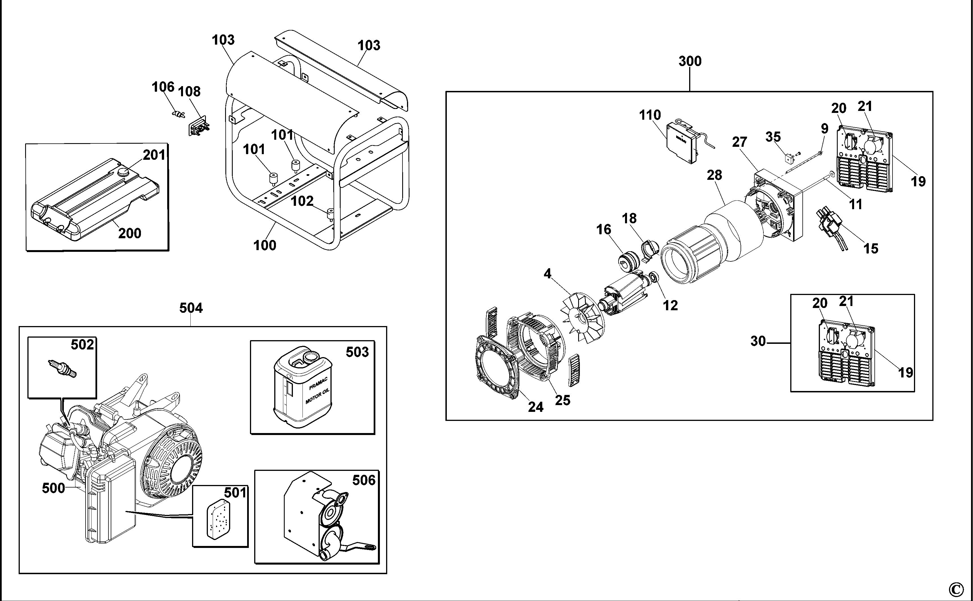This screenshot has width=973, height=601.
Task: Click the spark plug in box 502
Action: click(62, 368)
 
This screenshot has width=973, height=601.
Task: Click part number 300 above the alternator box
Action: click(690, 61)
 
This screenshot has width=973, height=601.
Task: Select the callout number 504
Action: click(191, 308)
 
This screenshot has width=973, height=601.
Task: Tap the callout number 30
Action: click(758, 341)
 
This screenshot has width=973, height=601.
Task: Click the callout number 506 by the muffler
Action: click(363, 480)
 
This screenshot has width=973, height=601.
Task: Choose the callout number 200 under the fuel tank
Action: click(130, 233)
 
